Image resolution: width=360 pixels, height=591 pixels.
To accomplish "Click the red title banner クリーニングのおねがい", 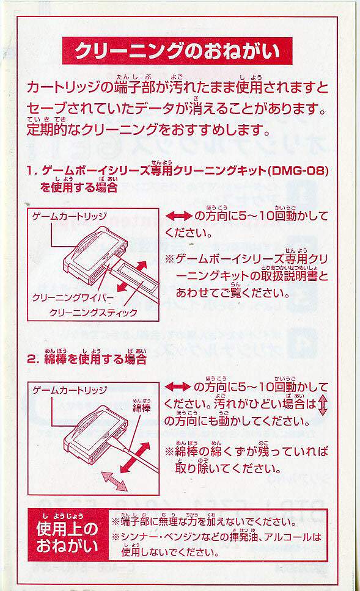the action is [x=177, y=51].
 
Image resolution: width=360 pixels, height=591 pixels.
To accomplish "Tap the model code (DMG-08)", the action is [x=298, y=171].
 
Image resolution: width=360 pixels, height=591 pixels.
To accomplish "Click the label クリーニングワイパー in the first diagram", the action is [x=73, y=298].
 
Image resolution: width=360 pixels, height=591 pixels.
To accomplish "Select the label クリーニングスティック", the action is [x=93, y=313].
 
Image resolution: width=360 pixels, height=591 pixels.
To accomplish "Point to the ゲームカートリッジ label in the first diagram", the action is [x=70, y=216].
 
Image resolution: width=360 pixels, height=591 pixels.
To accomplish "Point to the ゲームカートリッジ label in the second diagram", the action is [x=70, y=390].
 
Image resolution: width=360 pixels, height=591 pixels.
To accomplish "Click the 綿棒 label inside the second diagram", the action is [x=142, y=408].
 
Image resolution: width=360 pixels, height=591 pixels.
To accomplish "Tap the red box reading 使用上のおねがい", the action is [x=68, y=535].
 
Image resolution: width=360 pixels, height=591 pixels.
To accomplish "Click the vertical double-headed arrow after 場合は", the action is [x=322, y=405].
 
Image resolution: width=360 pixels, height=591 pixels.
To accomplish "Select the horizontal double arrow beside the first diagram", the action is [x=178, y=216].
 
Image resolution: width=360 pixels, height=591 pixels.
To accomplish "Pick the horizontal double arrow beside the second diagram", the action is [x=178, y=386].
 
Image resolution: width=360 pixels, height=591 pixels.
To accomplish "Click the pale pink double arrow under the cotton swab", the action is [x=115, y=481].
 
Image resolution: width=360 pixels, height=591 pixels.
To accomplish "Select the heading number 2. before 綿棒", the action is [x=33, y=359].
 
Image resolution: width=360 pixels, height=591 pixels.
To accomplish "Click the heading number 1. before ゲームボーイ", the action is [x=32, y=171].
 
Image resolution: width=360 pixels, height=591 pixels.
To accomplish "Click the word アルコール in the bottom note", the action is [x=288, y=537].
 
